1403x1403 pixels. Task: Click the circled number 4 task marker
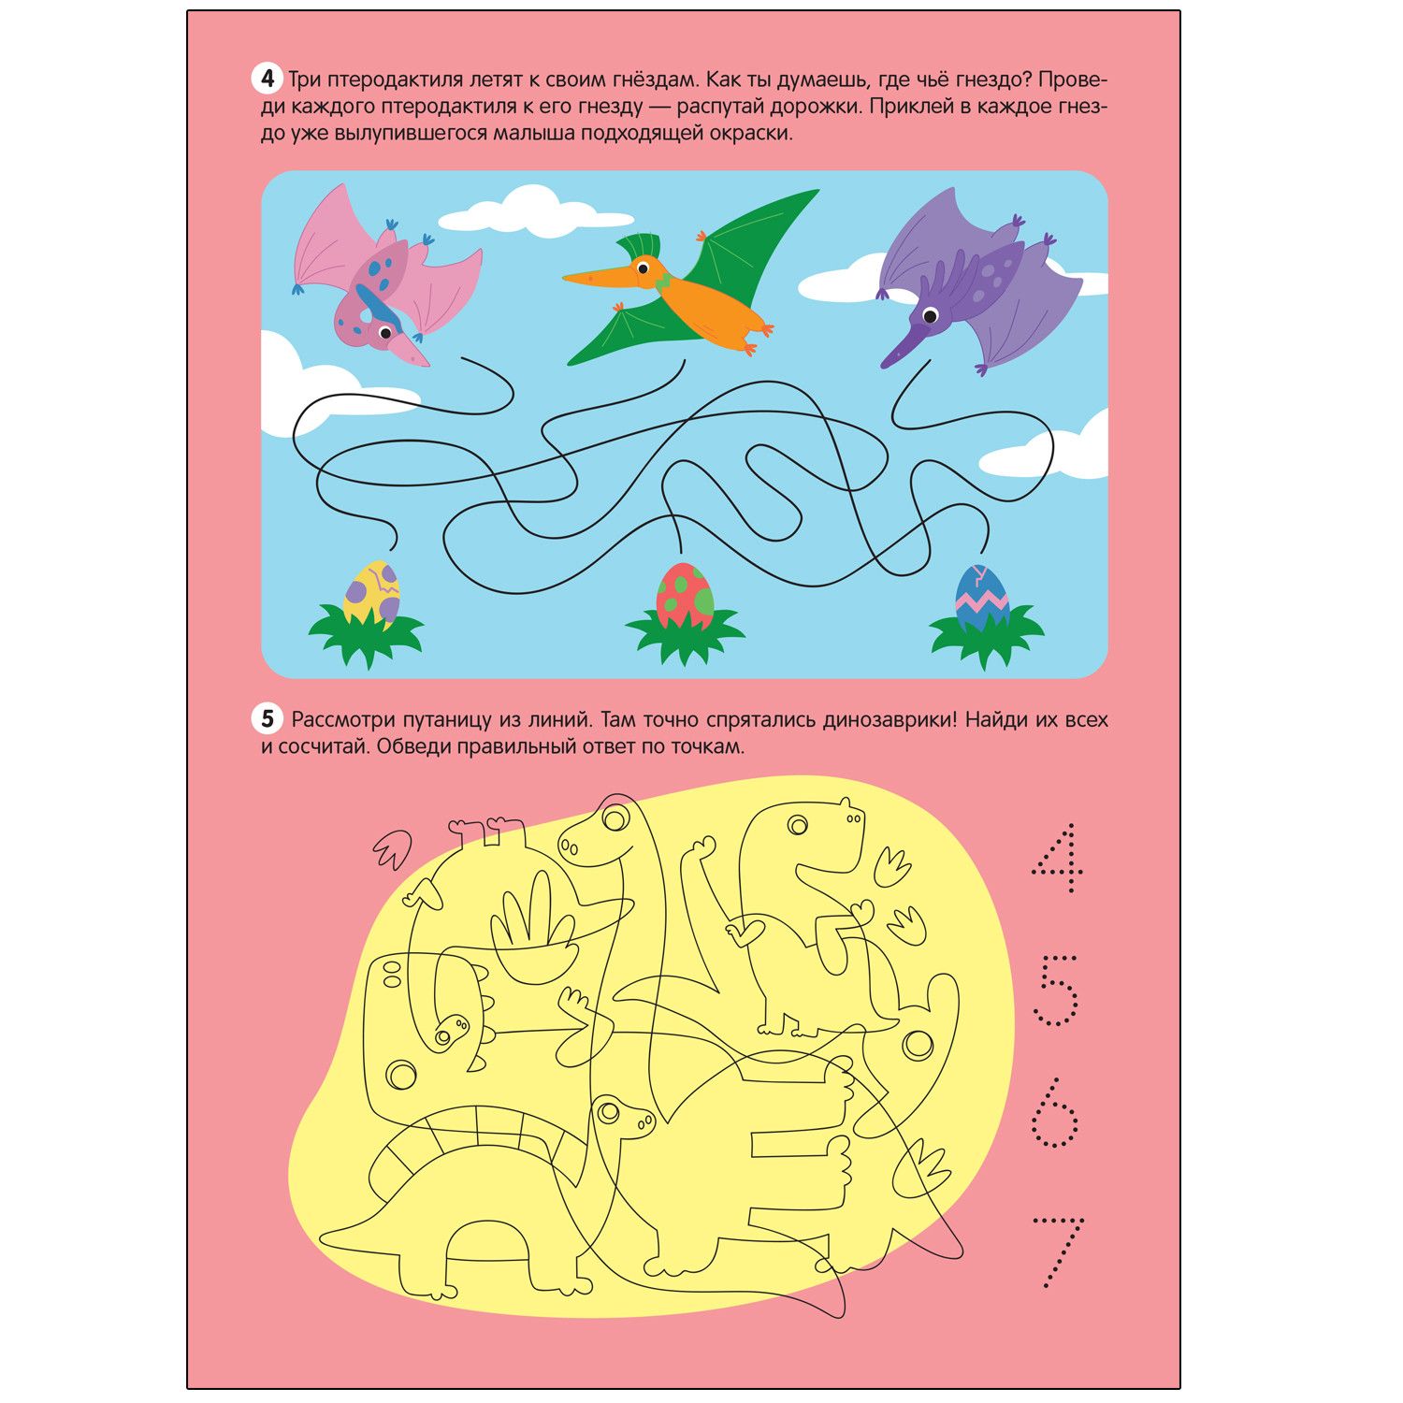click(x=268, y=79)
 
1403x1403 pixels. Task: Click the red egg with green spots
click(x=685, y=596)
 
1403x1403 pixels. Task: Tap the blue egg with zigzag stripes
click(x=982, y=597)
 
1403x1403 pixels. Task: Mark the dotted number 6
click(x=1055, y=1112)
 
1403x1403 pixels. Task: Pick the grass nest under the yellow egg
click(x=367, y=633)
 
